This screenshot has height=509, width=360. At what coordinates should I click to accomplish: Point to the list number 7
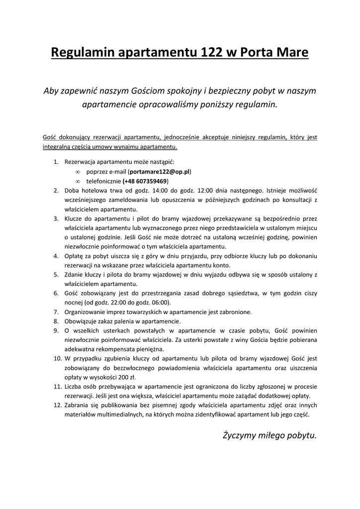pos(56,312)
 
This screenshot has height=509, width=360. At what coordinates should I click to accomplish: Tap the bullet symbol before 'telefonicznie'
pos(78,181)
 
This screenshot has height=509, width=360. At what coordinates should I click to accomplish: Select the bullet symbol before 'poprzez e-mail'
pos(78,171)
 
